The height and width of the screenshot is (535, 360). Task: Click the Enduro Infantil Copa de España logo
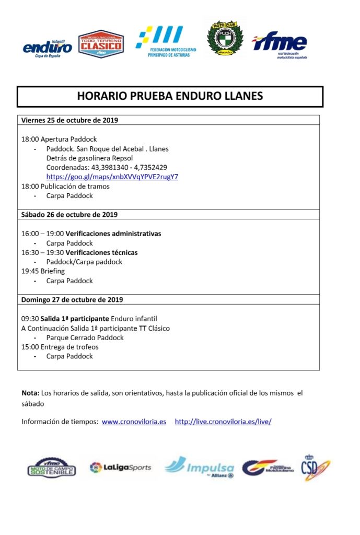coord(48,48)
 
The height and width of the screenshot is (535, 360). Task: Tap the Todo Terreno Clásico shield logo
coord(101,44)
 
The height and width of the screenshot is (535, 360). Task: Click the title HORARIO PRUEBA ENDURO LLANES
coord(170,96)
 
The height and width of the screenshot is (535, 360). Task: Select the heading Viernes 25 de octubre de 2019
coord(69,120)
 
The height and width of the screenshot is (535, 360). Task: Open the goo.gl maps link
coord(112,177)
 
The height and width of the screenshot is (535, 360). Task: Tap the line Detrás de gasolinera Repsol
coord(89,158)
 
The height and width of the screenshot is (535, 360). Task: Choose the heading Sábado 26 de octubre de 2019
coord(69,214)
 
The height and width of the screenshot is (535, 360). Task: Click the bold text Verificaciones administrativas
coord(113,234)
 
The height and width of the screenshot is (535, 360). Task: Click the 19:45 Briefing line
coord(43,271)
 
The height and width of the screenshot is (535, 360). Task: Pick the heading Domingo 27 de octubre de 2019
coord(72,299)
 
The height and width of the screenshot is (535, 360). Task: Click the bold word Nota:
coord(30,392)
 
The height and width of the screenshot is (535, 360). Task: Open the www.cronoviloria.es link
coord(134,422)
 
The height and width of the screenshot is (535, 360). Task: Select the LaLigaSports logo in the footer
coord(120,467)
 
